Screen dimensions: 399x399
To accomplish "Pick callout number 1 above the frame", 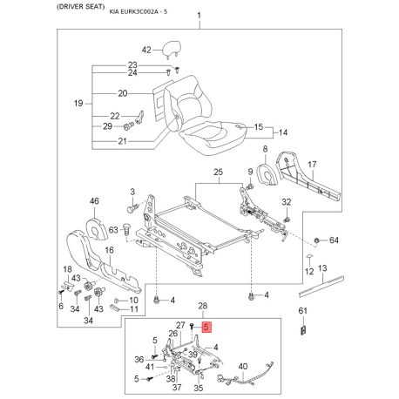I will pos(199,17).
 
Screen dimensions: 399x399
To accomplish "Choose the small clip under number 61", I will pos(305,328).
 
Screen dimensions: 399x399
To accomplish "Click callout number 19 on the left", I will pos(78,104).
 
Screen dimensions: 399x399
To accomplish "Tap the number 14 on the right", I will pos(281,132).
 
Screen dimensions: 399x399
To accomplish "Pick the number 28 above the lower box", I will pos(203,307).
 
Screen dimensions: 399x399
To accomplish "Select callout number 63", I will pos(113,230).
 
